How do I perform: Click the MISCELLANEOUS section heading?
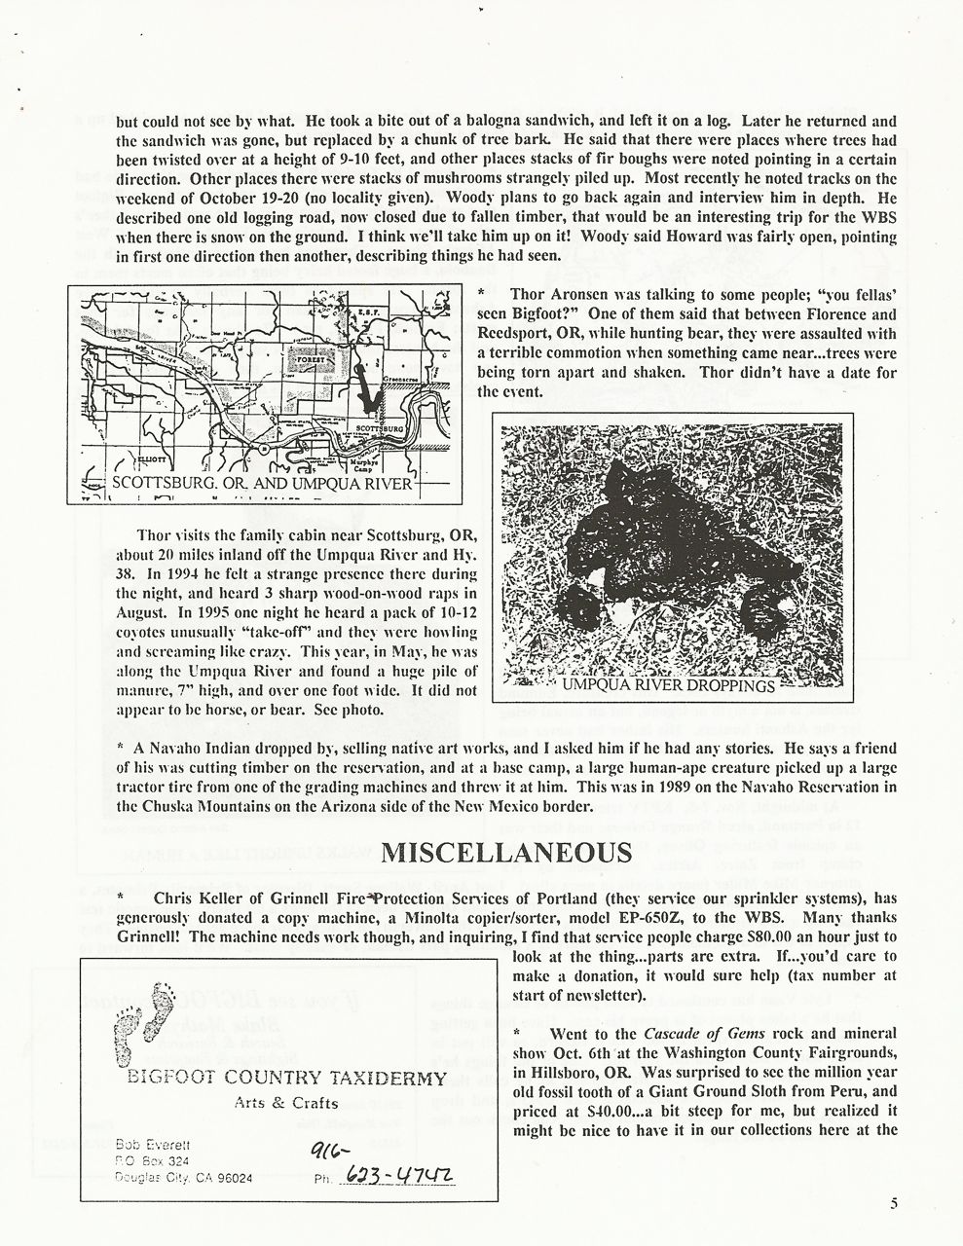tap(505, 853)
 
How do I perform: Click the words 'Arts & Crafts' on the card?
tap(287, 1103)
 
